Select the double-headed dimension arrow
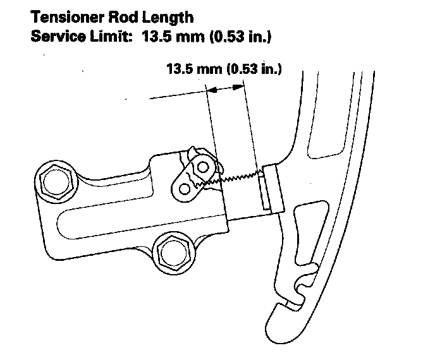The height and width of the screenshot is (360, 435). [x=226, y=90]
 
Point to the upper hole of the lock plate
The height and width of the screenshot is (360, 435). [x=203, y=167]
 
